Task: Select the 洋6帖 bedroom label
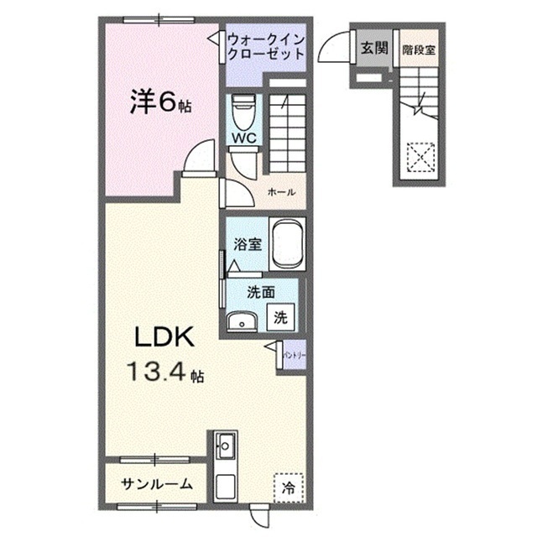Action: pos(160,103)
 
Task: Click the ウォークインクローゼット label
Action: pos(266,48)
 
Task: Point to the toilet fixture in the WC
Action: pos(244,107)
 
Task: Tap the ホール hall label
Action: pos(280,192)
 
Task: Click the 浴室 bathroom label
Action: pos(248,247)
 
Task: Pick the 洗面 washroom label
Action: pos(261,293)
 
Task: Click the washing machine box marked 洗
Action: pos(282,318)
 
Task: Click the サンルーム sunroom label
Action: pos(157,484)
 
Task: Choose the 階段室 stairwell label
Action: pos(417,49)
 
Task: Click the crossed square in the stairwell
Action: pos(419,155)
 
